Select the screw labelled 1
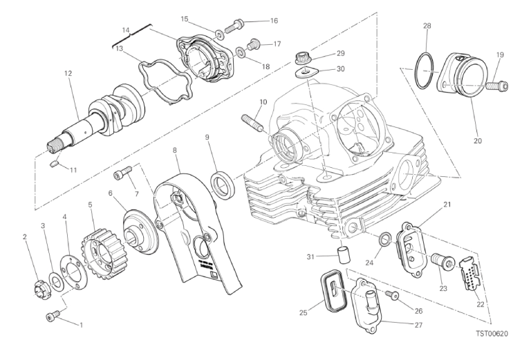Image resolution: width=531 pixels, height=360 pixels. pyautogui.click(x=50, y=316)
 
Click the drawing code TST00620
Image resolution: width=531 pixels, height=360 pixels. pyautogui.click(x=492, y=334)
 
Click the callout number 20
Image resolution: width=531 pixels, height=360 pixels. pyautogui.click(x=478, y=141)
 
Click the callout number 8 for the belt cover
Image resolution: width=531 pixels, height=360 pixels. pyautogui.click(x=176, y=150)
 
